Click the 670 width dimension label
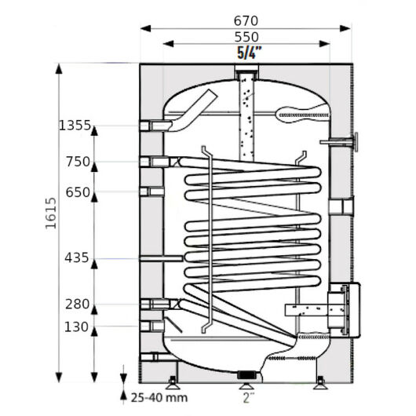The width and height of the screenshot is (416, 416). click(246, 20)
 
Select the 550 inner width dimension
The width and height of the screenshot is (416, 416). click(246, 37)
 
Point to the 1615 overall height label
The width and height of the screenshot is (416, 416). click(51, 213)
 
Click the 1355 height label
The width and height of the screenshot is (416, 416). click(75, 126)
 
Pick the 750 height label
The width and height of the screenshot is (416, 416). click(78, 162)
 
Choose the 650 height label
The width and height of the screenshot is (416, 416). click(78, 192)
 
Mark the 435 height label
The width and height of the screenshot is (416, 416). click(77, 257)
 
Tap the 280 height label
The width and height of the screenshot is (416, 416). click(78, 304)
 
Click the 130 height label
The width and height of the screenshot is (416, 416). click(76, 327)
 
